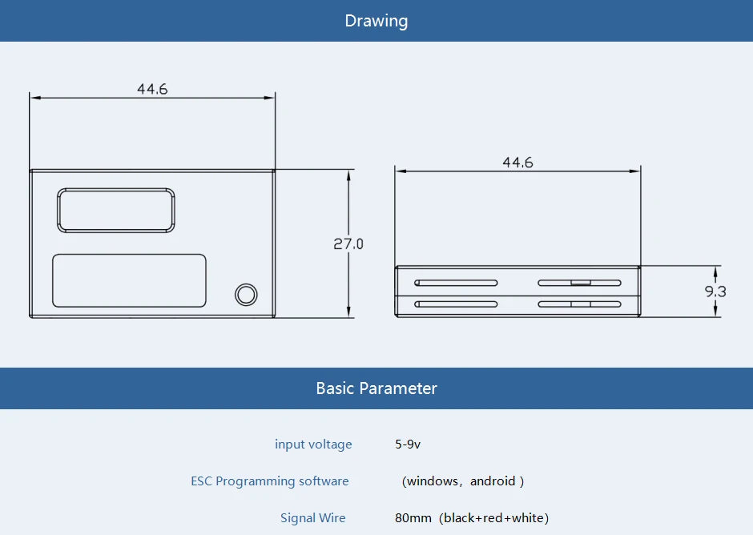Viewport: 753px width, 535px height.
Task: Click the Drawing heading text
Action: click(376, 21)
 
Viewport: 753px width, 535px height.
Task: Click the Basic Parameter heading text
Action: click(376, 388)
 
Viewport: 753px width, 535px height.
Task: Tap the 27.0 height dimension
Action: click(348, 244)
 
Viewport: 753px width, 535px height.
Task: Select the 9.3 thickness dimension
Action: click(715, 291)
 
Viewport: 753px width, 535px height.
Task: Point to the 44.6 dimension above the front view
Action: click(152, 89)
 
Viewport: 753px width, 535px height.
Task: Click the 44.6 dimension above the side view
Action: click(517, 163)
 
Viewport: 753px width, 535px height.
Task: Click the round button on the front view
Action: click(246, 295)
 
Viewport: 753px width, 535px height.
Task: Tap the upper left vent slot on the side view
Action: click(456, 283)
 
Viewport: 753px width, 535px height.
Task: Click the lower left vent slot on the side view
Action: click(456, 304)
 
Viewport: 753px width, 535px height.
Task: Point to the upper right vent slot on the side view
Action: click(580, 283)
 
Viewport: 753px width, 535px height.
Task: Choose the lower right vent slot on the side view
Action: click(580, 304)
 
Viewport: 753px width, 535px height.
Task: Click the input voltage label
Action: click(313, 444)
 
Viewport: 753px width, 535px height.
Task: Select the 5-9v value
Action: click(408, 444)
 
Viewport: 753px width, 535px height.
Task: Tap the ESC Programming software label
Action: click(270, 481)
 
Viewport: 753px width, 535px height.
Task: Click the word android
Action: click(493, 481)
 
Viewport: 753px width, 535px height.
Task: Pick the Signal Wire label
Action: click(313, 517)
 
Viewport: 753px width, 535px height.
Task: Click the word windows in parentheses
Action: click(433, 481)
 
